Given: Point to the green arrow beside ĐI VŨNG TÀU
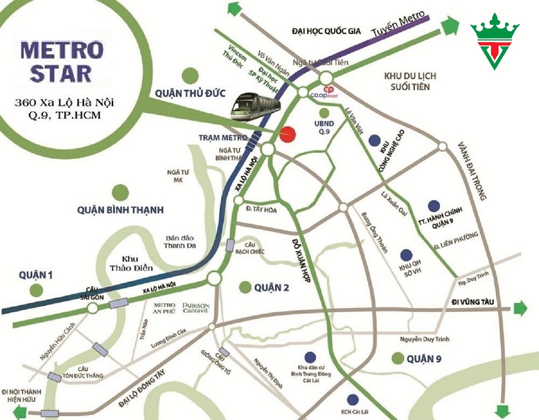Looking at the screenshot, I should point(520,308).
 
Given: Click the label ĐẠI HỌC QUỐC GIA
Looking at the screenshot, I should point(326,31).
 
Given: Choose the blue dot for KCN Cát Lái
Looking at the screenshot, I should point(353,399).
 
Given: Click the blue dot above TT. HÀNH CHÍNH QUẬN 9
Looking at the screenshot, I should point(433,206).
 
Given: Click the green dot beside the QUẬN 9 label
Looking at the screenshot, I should point(398,358).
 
